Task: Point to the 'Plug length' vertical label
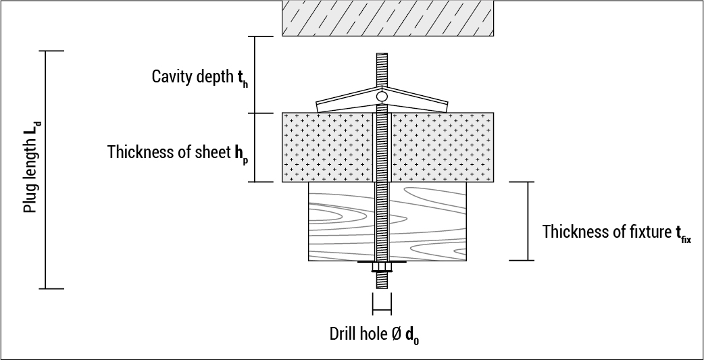pos(30,170)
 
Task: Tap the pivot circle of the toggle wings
pos(382,97)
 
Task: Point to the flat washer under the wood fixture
pos(382,262)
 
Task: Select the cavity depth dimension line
pos(255,74)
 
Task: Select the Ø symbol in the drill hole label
pos(395,334)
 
